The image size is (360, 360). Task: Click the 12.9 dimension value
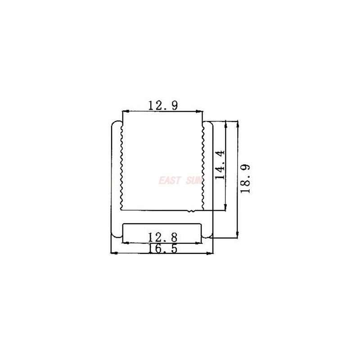pyautogui.click(x=163, y=106)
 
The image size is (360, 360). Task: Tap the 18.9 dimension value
pyautogui.click(x=245, y=178)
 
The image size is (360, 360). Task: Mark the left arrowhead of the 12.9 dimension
pyautogui.click(x=125, y=111)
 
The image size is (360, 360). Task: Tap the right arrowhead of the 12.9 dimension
pyautogui.click(x=200, y=111)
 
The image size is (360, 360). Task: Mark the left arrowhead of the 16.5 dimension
pyautogui.click(x=113, y=253)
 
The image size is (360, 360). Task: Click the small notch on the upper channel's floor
pyautogui.click(x=191, y=211)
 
